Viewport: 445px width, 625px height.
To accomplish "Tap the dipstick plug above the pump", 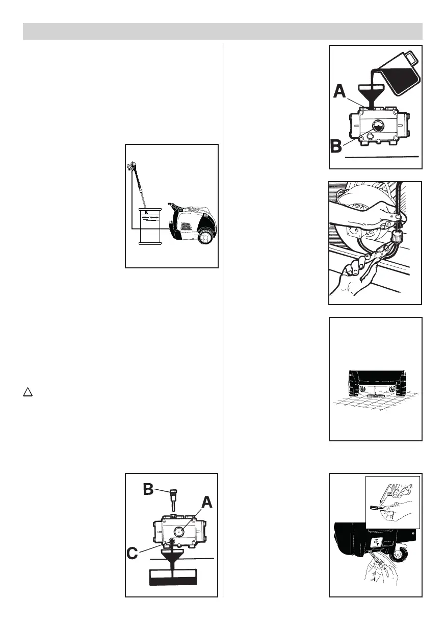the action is [173, 497].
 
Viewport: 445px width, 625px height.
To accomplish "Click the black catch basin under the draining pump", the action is [173, 578].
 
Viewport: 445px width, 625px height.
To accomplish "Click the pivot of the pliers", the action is [381, 253].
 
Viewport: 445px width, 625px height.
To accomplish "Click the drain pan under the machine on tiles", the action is [374, 394].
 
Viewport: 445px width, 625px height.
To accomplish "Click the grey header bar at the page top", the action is [223, 31].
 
